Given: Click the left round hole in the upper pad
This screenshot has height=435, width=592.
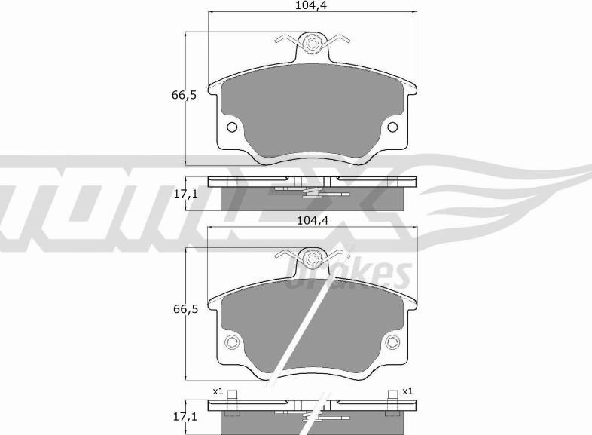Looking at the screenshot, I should pyautogui.click(x=231, y=127).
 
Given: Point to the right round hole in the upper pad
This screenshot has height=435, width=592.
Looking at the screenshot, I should pyautogui.click(x=392, y=127).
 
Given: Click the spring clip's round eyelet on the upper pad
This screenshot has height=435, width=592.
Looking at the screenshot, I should pyautogui.click(x=311, y=44).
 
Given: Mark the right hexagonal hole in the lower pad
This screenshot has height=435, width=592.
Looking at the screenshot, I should pyautogui.click(x=392, y=344).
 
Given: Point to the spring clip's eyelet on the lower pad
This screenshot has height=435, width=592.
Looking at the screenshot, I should pyautogui.click(x=311, y=257).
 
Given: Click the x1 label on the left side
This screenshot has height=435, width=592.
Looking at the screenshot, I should pyautogui.click(x=218, y=391).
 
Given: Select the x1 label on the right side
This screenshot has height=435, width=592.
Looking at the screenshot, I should pyautogui.click(x=407, y=391).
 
